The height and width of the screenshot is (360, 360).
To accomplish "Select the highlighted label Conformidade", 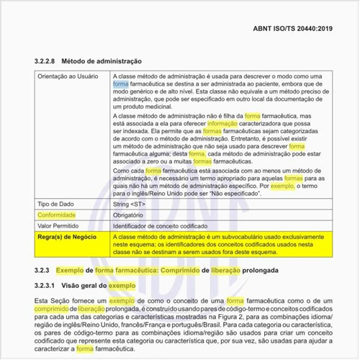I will click(60, 215).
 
